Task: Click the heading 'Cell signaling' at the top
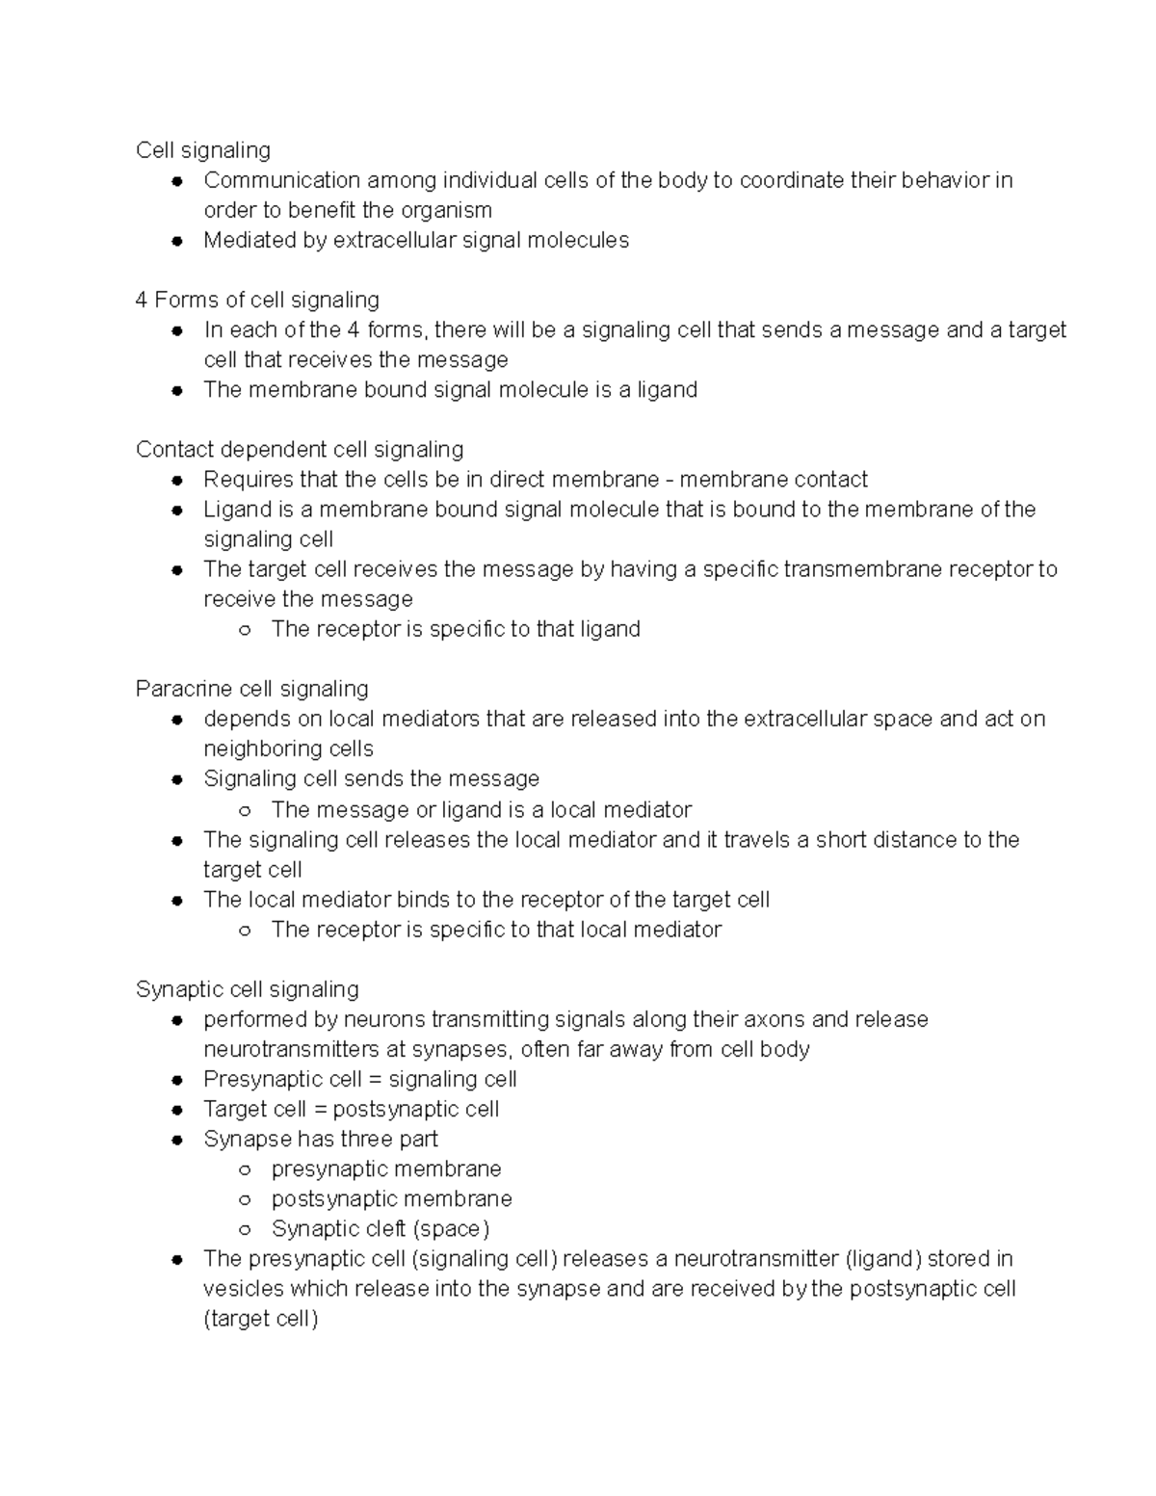(203, 150)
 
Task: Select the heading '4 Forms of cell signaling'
(257, 300)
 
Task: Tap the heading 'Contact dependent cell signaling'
(300, 450)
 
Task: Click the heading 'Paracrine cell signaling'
(252, 689)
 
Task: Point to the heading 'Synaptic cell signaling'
(248, 989)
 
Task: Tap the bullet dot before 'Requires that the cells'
(177, 480)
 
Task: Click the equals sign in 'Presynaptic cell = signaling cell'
(375, 1079)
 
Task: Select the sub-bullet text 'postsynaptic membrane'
(391, 1198)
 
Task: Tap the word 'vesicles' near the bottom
(243, 1289)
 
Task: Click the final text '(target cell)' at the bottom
(260, 1319)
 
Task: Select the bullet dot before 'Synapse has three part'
(177, 1140)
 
